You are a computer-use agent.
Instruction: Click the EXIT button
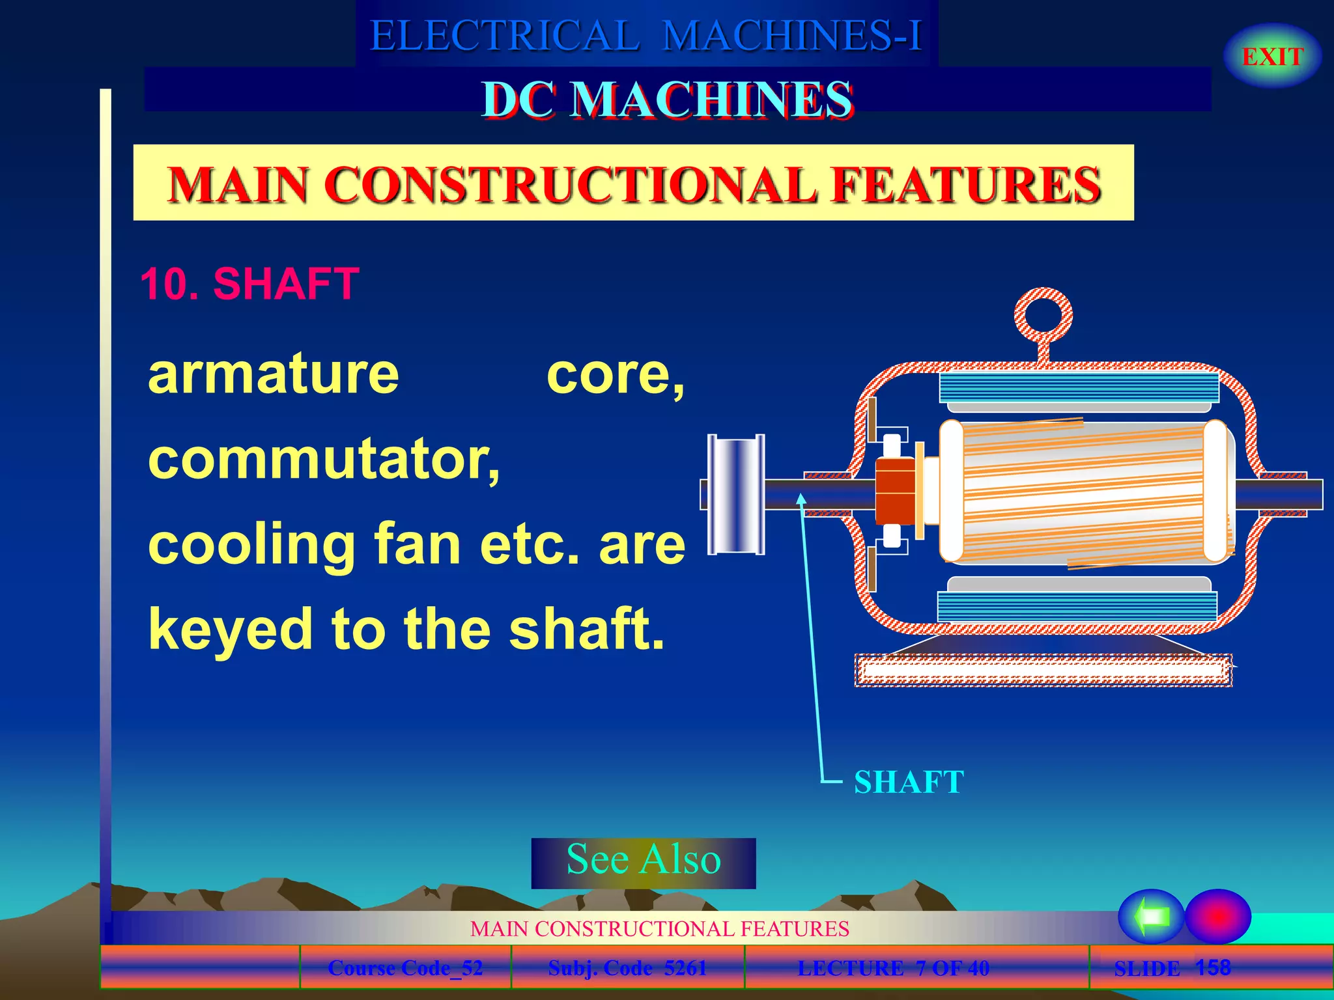click(x=1272, y=57)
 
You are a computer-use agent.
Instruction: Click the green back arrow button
click(x=1151, y=917)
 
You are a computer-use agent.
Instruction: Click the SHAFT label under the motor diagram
click(x=909, y=782)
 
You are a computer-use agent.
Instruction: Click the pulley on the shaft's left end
click(x=736, y=494)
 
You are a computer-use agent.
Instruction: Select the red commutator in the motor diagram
click(x=895, y=492)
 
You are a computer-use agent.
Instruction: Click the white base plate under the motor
click(x=1042, y=671)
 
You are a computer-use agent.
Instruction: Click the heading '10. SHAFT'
click(x=249, y=284)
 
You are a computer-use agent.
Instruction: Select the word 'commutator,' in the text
click(x=324, y=460)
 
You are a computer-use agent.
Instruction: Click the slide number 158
click(x=1212, y=967)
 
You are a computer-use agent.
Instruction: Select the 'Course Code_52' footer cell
click(x=405, y=968)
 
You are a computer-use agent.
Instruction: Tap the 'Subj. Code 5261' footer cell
click(x=627, y=968)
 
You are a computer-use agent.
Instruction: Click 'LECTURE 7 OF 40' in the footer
click(x=893, y=968)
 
